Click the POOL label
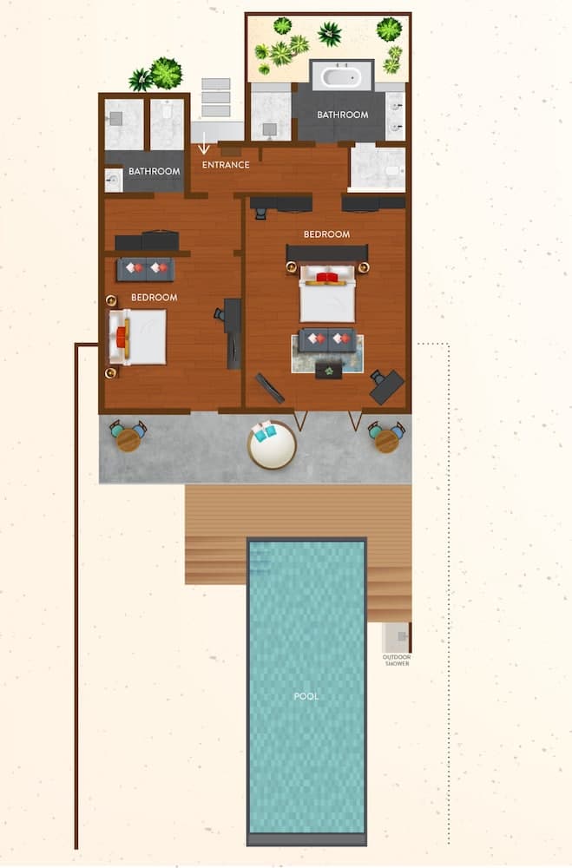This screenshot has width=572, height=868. point(306,696)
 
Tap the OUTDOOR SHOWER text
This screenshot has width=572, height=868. point(397,660)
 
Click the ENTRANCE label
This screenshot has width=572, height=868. point(226,164)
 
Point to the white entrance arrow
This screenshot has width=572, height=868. point(204,143)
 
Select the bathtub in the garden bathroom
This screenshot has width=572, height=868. point(341,76)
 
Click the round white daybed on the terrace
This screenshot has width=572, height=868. point(272,444)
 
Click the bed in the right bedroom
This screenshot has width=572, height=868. point(327,293)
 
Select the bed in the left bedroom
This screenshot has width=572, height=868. point(137,337)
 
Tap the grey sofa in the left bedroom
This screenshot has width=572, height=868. point(146,270)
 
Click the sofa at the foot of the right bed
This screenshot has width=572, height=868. point(327,340)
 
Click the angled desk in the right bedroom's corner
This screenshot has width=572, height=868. point(387,387)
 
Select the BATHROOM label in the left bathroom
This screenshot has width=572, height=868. point(154,172)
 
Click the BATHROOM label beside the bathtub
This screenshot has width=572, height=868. point(343,115)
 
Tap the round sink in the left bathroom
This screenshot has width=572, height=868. point(113,180)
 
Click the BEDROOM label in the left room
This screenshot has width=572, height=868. point(155,297)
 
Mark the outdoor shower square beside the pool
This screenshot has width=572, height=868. point(397,638)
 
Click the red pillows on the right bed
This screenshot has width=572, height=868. point(327,276)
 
